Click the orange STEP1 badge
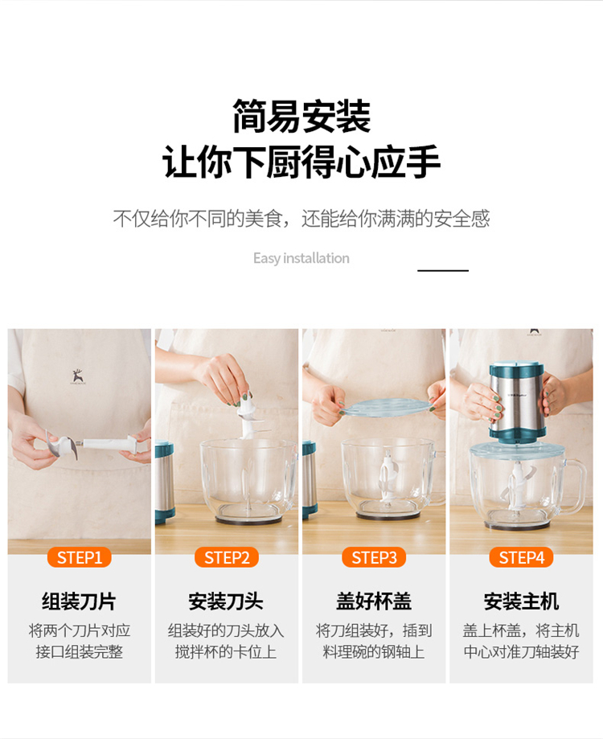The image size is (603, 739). pos(79,557)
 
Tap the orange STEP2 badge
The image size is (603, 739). pos(227,557)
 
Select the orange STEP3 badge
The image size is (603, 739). pos(374,557)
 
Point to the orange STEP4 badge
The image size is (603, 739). pos(522,557)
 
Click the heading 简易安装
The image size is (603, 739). pos(301,116)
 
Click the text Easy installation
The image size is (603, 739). pos(301,258)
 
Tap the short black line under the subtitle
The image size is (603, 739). pos(443,270)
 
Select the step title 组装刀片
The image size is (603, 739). pos(79,601)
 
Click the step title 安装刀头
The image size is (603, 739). pos(226,601)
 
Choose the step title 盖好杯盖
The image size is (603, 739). pos(374,601)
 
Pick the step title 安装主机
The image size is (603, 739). pos(522,601)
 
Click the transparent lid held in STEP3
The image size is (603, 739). pos(386,409)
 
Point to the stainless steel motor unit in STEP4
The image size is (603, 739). pos(516,403)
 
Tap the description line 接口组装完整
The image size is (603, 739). pos(79,652)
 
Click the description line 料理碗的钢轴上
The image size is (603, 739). pos(374,652)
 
